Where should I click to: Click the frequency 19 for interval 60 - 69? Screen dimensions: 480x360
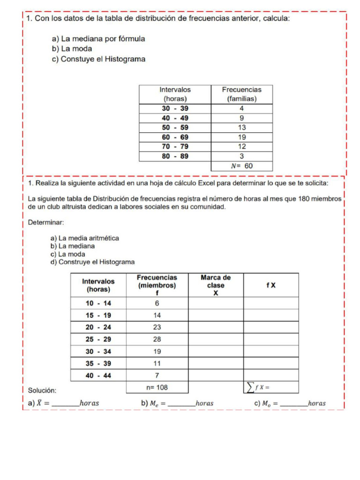(x=241, y=137)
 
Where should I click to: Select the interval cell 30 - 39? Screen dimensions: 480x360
(x=175, y=108)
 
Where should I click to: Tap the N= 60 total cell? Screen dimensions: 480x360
(x=241, y=166)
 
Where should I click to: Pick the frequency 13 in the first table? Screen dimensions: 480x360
(x=241, y=127)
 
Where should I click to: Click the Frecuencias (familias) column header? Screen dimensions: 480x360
(x=241, y=94)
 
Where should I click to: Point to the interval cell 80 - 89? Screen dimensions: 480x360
(x=175, y=156)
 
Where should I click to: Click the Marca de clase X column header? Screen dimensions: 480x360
(x=216, y=285)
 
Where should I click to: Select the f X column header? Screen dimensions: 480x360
(x=271, y=285)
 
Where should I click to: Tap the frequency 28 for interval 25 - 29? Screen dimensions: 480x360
(x=157, y=339)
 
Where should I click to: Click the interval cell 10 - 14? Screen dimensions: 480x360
(x=98, y=303)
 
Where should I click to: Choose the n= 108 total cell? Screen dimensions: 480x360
(x=157, y=387)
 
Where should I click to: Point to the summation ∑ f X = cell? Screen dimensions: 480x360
(x=270, y=387)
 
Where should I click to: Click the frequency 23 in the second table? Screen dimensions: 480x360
(x=157, y=327)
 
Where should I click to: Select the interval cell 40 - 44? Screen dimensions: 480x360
(x=98, y=375)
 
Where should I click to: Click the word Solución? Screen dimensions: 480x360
(x=42, y=390)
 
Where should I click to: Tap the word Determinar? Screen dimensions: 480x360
(x=46, y=222)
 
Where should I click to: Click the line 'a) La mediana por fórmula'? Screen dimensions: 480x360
(x=98, y=39)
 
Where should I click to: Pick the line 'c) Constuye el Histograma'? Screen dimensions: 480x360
(x=98, y=60)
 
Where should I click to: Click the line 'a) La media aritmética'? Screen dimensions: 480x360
(x=85, y=238)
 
